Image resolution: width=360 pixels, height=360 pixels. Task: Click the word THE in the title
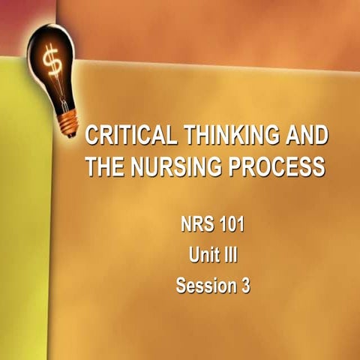click(103, 166)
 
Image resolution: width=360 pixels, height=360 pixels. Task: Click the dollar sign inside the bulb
click(52, 61)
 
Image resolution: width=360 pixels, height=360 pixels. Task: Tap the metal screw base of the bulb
click(70, 120)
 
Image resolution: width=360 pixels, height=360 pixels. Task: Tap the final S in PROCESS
click(319, 166)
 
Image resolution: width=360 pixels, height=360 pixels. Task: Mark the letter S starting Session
click(180, 285)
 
